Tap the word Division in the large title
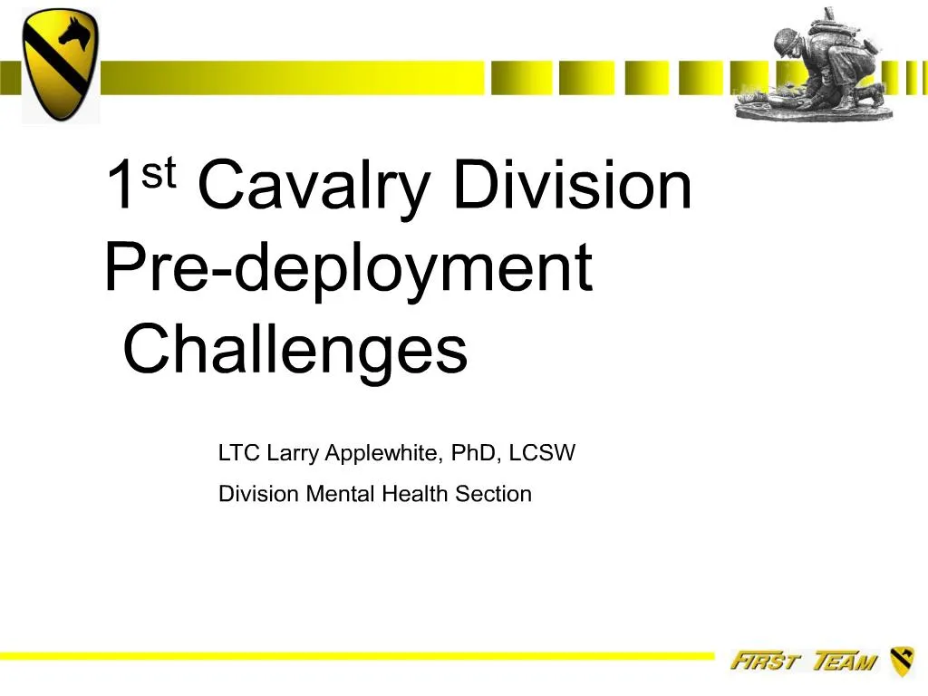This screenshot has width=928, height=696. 572,184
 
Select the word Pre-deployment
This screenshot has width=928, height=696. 348,269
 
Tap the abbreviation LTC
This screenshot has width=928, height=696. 239,453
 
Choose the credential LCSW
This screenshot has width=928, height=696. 542,453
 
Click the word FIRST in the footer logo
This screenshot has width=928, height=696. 763,662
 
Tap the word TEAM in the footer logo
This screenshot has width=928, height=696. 845,662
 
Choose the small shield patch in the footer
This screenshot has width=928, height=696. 902,662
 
